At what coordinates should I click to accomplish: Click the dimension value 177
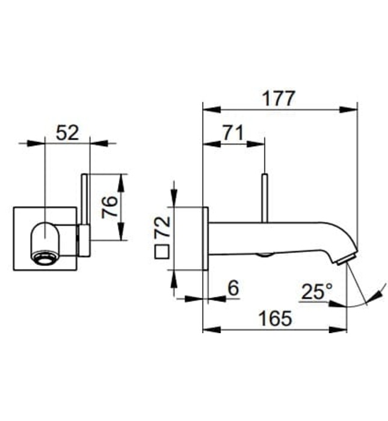click(x=278, y=98)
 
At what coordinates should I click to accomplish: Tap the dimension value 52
click(x=67, y=132)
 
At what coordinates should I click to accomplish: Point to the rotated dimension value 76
click(x=108, y=207)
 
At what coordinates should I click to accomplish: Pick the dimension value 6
click(x=233, y=288)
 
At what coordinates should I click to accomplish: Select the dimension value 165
click(x=275, y=318)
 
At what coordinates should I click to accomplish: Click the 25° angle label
click(x=316, y=292)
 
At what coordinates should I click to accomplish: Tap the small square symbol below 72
click(x=161, y=253)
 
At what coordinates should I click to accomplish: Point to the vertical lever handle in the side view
click(x=264, y=198)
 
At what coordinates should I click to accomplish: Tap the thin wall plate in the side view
click(x=205, y=238)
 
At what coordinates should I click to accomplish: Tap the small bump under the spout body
click(x=263, y=255)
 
